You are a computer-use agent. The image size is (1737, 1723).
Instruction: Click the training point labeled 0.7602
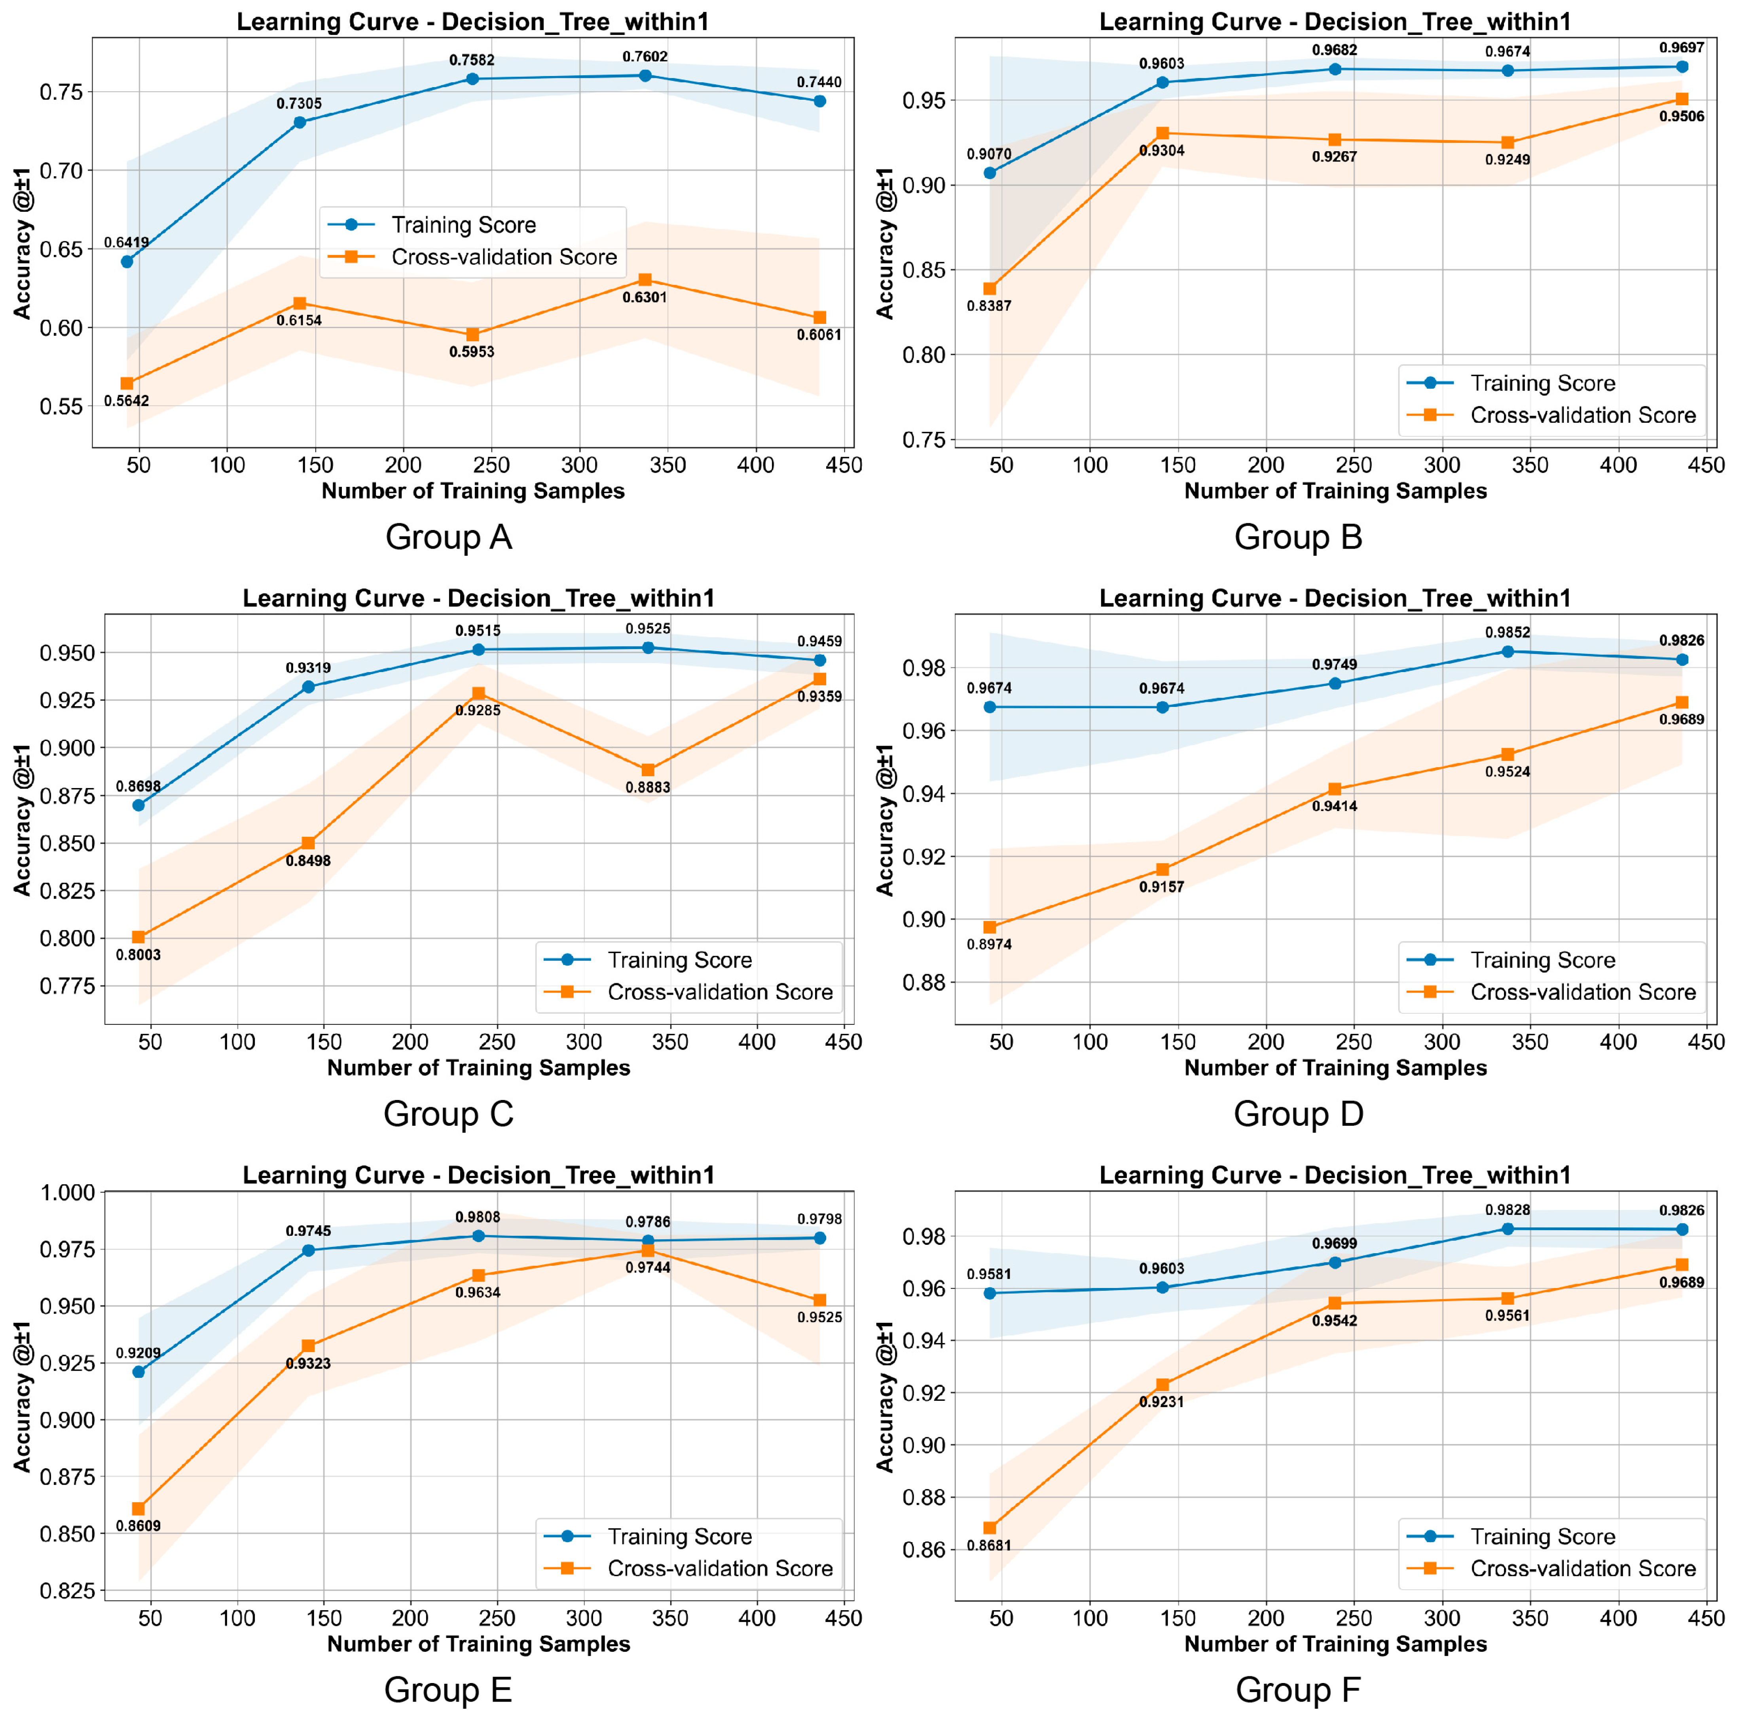coord(645,76)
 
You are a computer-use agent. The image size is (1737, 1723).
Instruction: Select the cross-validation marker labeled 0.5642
coord(127,383)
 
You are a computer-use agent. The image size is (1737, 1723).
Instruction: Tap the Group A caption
coord(449,537)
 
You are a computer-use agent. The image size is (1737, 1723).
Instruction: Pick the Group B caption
coord(1298,537)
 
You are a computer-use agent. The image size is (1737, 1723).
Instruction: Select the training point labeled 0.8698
coord(138,805)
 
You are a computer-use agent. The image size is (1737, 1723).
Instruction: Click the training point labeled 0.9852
coord(1508,651)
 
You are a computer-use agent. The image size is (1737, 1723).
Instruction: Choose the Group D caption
coord(1298,1113)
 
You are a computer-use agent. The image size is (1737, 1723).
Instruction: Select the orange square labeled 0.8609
coord(138,1508)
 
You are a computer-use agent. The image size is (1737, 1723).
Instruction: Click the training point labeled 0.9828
coord(1508,1228)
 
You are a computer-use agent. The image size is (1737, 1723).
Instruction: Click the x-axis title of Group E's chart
coord(478,1644)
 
